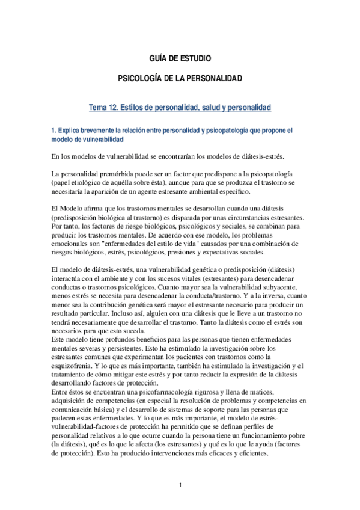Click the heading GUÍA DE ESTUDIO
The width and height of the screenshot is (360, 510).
[180, 58]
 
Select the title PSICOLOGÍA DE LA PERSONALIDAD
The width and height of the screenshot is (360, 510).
[180, 79]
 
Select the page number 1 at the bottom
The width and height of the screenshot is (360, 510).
[180, 485]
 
